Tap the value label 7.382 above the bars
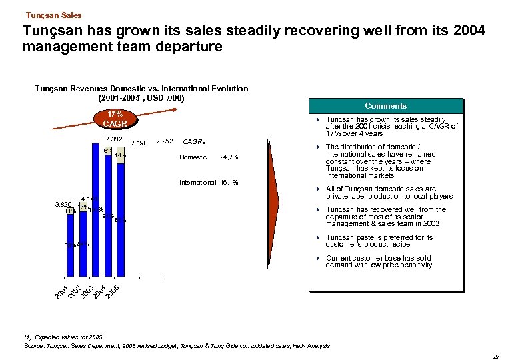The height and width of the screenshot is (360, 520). (x=114, y=139)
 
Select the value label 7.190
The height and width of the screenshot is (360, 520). (x=139, y=143)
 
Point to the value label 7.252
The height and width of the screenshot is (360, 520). (x=163, y=141)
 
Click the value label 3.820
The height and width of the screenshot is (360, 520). (x=62, y=204)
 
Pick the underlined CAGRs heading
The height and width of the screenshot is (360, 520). (x=193, y=142)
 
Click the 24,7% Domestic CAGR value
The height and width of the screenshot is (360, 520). (x=229, y=157)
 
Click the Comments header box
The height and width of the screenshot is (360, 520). (x=385, y=106)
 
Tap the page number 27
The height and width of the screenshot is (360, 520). (x=495, y=357)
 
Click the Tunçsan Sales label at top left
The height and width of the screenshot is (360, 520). (x=53, y=15)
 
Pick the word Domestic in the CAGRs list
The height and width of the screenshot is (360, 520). (x=193, y=157)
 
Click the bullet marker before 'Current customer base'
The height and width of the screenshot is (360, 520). (x=319, y=258)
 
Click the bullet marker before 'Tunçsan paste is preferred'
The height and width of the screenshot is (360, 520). (x=319, y=237)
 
